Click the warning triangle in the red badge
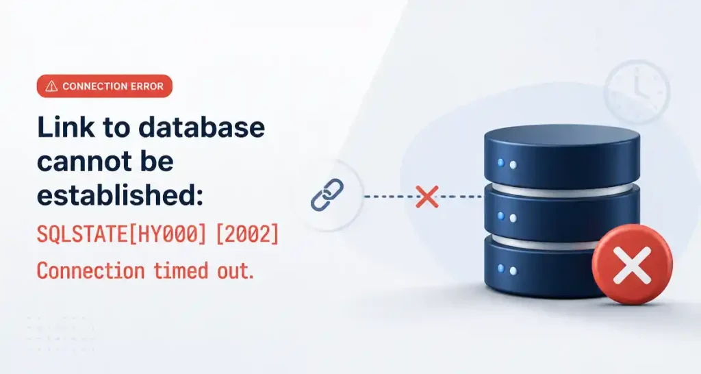(51, 86)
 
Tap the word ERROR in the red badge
(147, 86)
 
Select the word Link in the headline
(66, 127)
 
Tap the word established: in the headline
(120, 195)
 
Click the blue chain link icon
(327, 195)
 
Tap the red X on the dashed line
(427, 197)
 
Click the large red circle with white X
(632, 265)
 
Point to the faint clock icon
(637, 92)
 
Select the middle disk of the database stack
(562, 212)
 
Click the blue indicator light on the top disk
(501, 162)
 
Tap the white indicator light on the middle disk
(513, 219)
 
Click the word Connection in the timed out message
(91, 271)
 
